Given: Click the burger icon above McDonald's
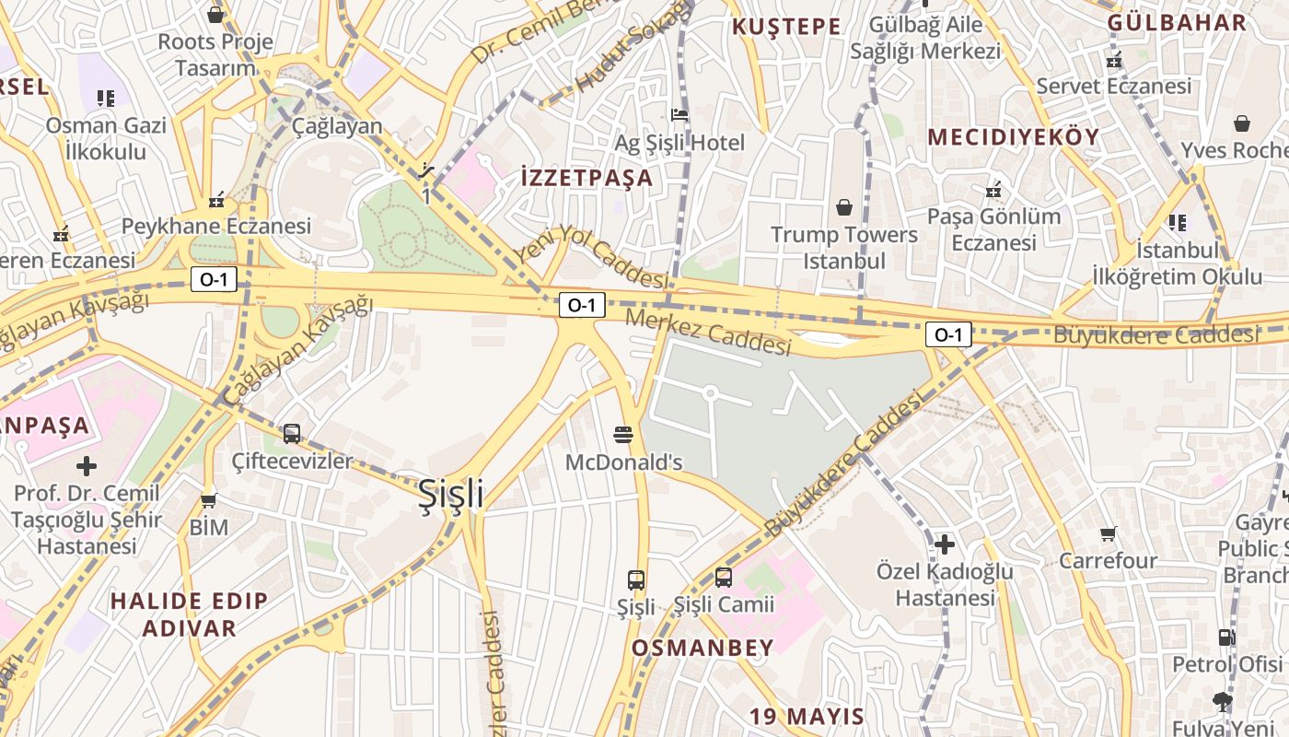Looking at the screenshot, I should pyautogui.click(x=623, y=434).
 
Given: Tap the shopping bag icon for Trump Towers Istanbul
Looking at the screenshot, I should pyautogui.click(x=843, y=207).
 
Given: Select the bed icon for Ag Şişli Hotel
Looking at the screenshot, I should pyautogui.click(x=679, y=115).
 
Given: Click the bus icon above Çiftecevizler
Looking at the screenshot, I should pyautogui.click(x=292, y=433).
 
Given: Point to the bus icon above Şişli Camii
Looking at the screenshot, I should pyautogui.click(x=724, y=578).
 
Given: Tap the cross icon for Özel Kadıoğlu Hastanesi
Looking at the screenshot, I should pyautogui.click(x=945, y=544).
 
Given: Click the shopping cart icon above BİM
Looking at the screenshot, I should pyautogui.click(x=209, y=500).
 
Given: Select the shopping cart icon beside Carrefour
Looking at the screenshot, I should pyautogui.click(x=1109, y=533).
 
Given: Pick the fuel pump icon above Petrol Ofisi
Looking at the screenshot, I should pyautogui.click(x=1226, y=637).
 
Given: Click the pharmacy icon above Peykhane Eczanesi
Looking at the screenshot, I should pyautogui.click(x=217, y=199).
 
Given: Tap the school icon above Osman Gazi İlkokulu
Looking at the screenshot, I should pyautogui.click(x=106, y=98).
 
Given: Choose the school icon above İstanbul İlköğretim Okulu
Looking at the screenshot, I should pyautogui.click(x=1177, y=222).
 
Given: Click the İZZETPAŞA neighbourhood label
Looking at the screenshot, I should pyautogui.click(x=586, y=178).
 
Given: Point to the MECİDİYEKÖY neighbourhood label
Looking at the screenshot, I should pyautogui.click(x=1013, y=137).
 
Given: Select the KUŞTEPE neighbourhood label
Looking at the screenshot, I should pyautogui.click(x=786, y=27).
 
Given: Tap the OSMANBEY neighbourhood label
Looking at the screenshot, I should pyautogui.click(x=703, y=648).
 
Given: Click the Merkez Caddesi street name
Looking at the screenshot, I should pyautogui.click(x=708, y=333).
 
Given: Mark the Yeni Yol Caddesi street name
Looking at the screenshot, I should pyautogui.click(x=591, y=259).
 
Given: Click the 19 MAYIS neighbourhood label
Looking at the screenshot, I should pyautogui.click(x=807, y=717).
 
